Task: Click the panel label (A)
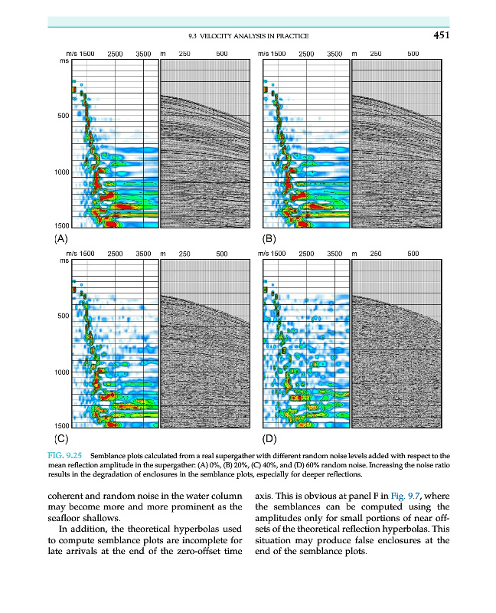click(61, 238)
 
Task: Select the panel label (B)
click(269, 238)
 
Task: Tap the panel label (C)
click(61, 439)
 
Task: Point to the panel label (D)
click(269, 439)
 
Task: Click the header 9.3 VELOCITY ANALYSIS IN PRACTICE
click(248, 37)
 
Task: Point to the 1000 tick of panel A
click(61, 172)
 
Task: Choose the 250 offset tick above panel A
click(184, 54)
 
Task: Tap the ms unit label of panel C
click(64, 261)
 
